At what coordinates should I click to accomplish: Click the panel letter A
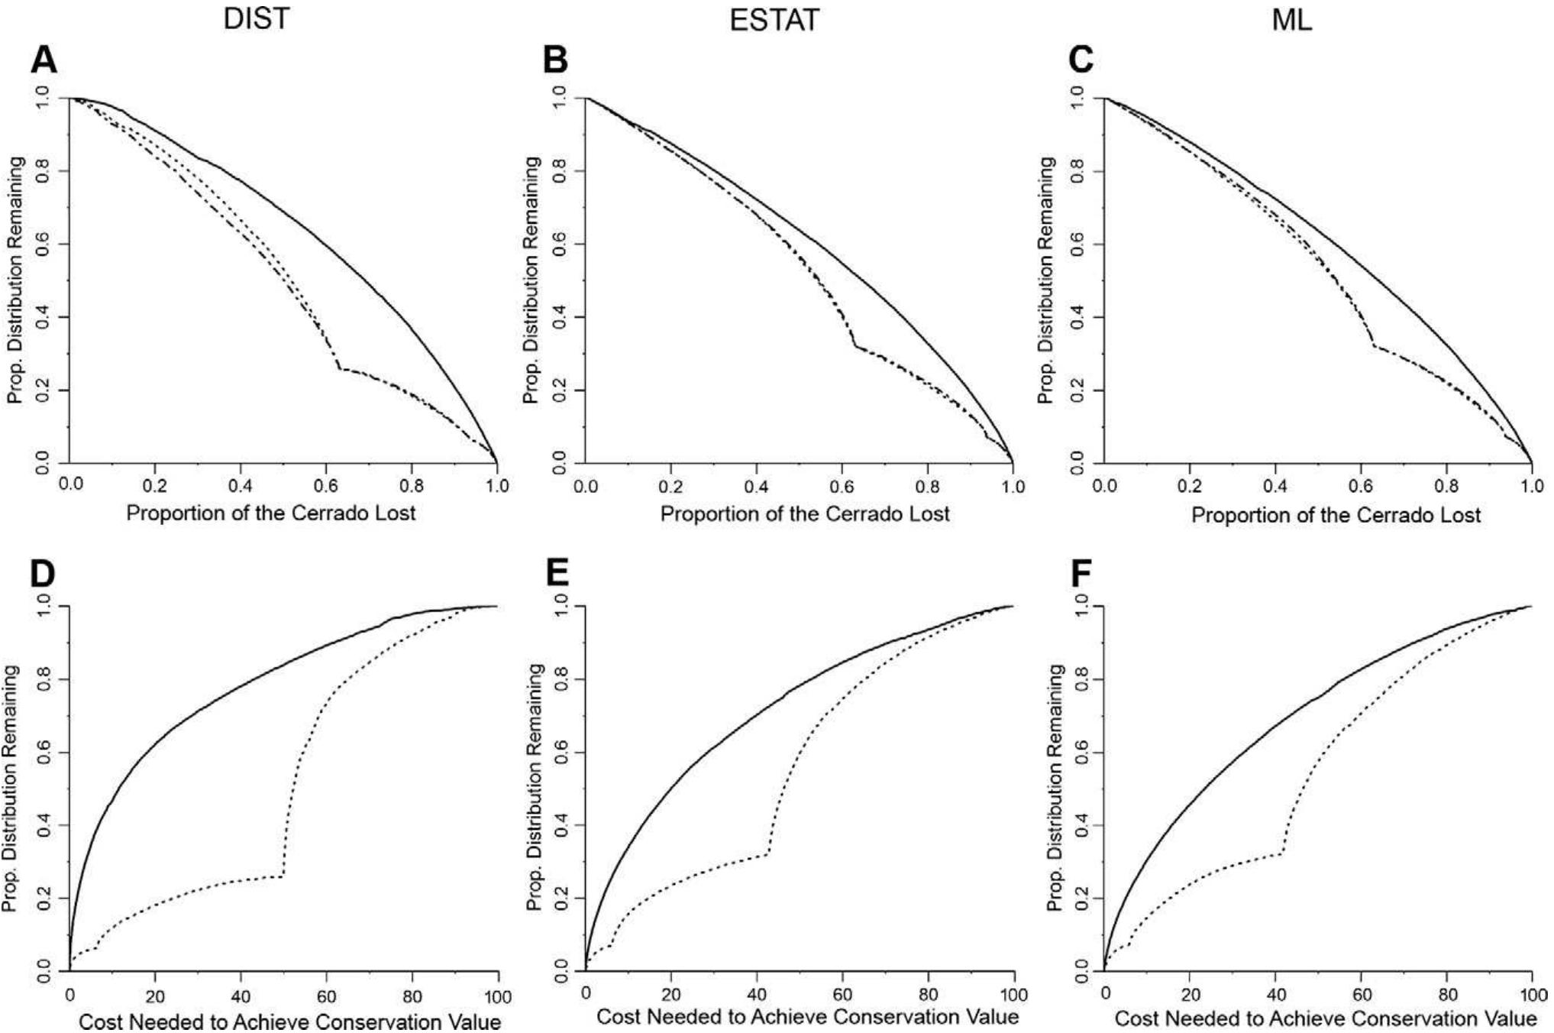(44, 60)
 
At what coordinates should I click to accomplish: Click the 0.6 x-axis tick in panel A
(326, 485)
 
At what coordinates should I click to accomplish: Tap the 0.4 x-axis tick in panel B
(756, 487)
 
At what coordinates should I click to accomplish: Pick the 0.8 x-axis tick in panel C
(1446, 487)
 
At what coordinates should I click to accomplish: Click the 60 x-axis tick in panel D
(326, 996)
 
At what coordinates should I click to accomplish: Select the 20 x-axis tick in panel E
(670, 995)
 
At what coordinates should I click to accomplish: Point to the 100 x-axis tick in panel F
(1531, 995)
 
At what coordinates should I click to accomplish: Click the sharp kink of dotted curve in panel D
(283, 876)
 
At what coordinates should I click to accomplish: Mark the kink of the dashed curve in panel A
(339, 369)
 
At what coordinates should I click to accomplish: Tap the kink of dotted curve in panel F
(1282, 852)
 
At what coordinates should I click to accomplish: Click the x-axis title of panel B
(804, 513)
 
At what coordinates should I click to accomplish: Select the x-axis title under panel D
(289, 1022)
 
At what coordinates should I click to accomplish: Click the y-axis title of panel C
(1045, 280)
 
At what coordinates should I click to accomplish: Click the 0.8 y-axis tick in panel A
(43, 170)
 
